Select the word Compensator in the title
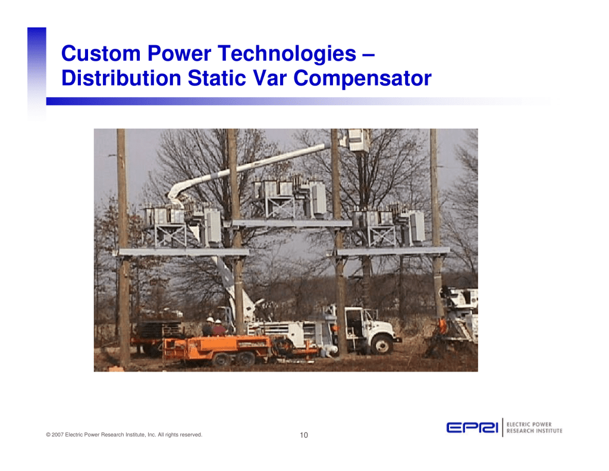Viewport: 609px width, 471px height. [x=362, y=79]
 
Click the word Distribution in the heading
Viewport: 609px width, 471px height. [x=121, y=78]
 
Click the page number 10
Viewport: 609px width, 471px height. [x=304, y=435]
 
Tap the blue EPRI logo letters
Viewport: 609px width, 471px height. [x=472, y=428]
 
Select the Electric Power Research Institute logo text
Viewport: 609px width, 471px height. [x=535, y=428]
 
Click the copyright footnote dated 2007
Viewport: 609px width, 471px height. [x=124, y=435]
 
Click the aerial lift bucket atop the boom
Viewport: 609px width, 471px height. [x=357, y=140]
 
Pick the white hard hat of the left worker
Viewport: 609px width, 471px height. [x=210, y=320]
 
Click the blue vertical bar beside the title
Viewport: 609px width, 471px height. [x=36, y=73]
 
